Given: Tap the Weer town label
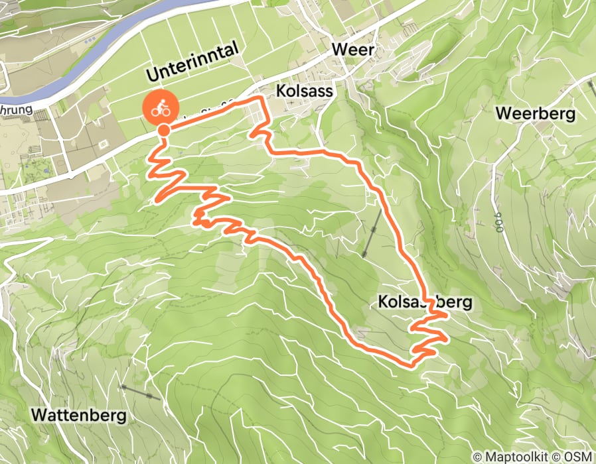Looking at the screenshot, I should [353, 50].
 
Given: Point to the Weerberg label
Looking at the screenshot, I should [535, 113].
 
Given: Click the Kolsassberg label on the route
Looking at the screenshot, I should [425, 302].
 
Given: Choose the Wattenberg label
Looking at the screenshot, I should [78, 415].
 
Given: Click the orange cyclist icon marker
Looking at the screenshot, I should [159, 107].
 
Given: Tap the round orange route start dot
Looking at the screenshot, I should [163, 130].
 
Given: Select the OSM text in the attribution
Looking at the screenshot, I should [576, 457].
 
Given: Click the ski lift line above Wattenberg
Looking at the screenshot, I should [140, 392].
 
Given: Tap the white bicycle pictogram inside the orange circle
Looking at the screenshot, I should [159, 107].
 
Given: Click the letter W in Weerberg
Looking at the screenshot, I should [504, 113].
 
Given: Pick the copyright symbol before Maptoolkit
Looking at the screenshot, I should [477, 457].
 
